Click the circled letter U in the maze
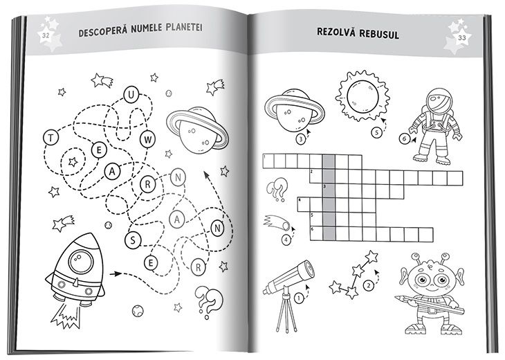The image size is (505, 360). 131,95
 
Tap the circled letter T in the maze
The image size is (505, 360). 50,138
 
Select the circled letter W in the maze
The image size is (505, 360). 148,140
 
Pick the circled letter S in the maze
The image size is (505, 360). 133,240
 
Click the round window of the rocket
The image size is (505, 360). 81,262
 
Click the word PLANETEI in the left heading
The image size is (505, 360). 184,28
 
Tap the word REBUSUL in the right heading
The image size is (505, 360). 379,33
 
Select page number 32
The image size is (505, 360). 46,35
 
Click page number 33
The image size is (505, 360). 462,37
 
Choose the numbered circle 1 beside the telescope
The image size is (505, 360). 299,298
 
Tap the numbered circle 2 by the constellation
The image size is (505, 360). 369,285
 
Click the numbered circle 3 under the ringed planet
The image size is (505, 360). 301,139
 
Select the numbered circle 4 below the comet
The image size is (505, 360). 286,240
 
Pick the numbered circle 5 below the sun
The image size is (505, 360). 376,132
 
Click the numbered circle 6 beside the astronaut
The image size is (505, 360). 405,139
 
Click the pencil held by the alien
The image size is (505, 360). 430,305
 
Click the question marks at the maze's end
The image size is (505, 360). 209,301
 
